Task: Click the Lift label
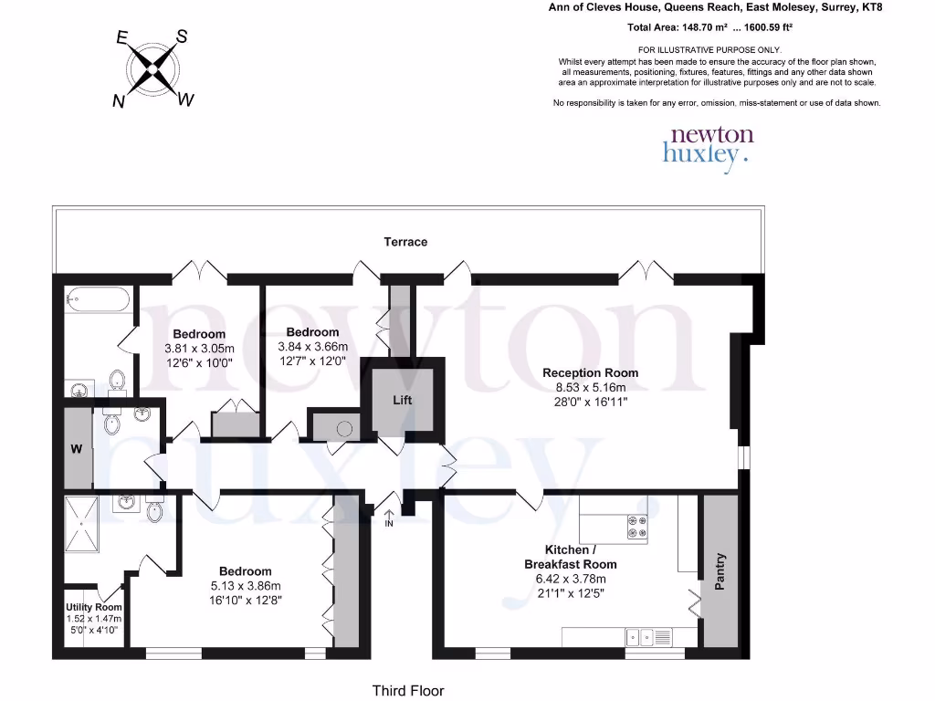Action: [403, 400]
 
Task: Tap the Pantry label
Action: [720, 571]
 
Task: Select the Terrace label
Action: [405, 242]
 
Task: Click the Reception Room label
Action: [590, 372]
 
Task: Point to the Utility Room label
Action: [93, 607]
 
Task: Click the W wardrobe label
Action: [78, 448]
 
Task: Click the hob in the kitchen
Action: [635, 527]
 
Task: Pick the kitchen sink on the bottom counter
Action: [642, 636]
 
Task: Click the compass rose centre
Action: [152, 68]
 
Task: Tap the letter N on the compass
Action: [118, 102]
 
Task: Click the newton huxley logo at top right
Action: [709, 146]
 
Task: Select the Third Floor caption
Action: [407, 691]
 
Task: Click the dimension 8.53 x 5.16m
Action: [590, 387]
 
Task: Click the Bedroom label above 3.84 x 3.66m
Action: [312, 332]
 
